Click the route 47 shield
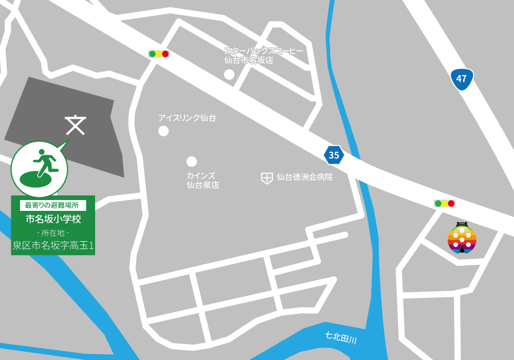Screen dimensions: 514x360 [462, 79]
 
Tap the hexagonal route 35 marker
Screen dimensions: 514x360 [334, 155]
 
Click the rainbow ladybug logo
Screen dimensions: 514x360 [462, 238]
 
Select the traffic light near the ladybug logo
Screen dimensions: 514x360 [445, 203]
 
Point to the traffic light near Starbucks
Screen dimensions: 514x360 [159, 53]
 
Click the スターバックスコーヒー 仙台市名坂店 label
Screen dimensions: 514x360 [263, 56]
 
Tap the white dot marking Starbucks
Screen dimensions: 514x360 [229, 75]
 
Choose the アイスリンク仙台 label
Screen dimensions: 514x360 [187, 118]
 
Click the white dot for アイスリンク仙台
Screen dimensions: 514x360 [163, 131]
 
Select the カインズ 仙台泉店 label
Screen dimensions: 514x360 [203, 180]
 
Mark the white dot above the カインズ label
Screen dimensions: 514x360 [192, 161]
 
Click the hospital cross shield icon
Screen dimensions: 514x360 [267, 178]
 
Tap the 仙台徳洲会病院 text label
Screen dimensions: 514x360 [304, 177]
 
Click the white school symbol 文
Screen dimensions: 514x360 [76, 125]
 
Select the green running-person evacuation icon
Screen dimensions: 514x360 [40, 168]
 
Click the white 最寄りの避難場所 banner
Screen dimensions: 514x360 [52, 205]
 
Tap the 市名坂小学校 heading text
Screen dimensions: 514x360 [53, 219]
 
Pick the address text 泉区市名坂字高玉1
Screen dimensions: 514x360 [53, 246]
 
